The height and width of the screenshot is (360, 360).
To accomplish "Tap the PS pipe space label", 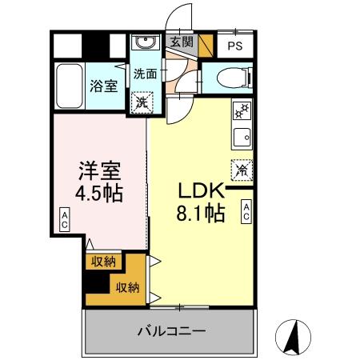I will point(234,46).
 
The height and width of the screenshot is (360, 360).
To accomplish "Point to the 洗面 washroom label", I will point(144,74).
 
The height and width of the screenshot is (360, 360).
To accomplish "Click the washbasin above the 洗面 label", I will point(145,43).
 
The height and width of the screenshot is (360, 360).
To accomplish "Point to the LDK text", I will point(198,192).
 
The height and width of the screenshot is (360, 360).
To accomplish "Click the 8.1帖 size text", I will point(200,214).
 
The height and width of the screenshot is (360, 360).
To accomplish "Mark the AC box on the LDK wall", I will point(246,211).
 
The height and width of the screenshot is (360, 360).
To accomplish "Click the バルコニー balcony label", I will point(170,330).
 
